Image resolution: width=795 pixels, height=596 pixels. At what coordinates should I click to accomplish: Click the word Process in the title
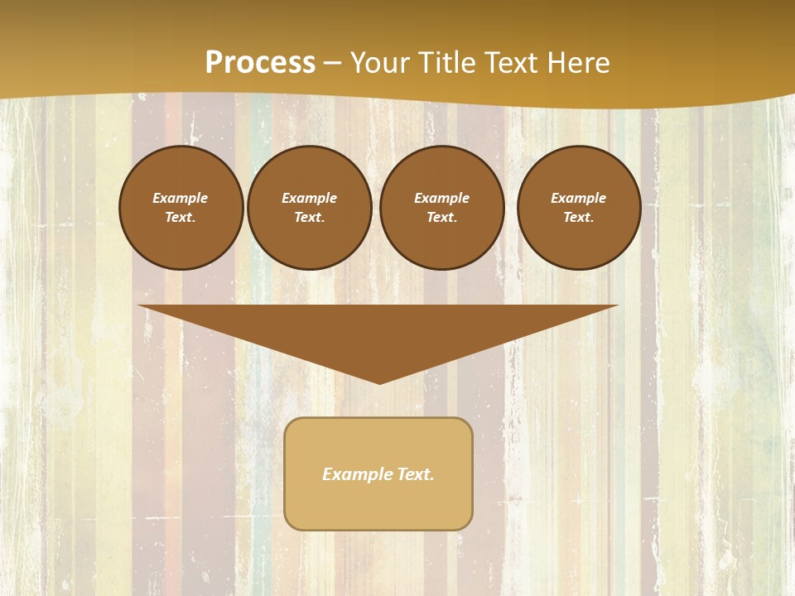260,63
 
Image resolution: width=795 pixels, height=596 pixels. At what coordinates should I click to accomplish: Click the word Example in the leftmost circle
181,198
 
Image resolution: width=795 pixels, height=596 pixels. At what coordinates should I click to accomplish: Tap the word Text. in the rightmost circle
578,217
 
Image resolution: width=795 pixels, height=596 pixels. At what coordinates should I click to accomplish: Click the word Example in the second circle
309,198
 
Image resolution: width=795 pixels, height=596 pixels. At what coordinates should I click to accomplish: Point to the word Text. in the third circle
441,217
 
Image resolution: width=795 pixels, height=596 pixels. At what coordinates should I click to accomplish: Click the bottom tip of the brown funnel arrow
380,382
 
